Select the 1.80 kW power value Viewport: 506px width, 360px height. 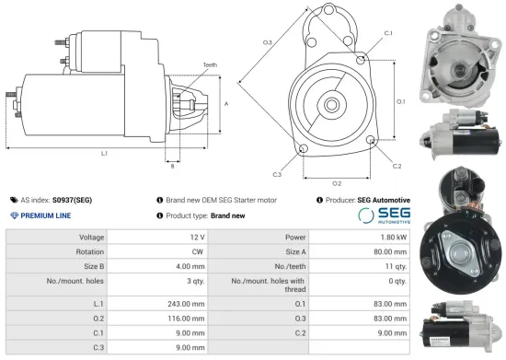pyautogui.click(x=389, y=237)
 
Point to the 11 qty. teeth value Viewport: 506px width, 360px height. pyautogui.click(x=392, y=266)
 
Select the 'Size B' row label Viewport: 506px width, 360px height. pyautogui.click(x=88, y=266)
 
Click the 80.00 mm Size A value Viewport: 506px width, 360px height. pyautogui.click(x=387, y=251)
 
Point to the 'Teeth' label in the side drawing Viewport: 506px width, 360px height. pyautogui.click(x=211, y=64)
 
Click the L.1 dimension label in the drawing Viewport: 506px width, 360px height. pyautogui.click(x=104, y=153)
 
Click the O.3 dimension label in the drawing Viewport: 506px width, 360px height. pyautogui.click(x=268, y=43)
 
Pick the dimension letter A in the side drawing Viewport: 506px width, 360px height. pyautogui.click(x=226, y=104)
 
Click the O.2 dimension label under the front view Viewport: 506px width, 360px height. pyautogui.click(x=337, y=183)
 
